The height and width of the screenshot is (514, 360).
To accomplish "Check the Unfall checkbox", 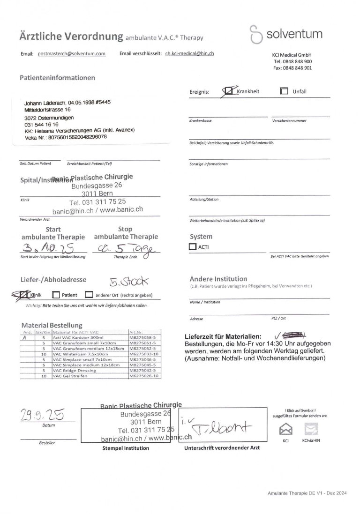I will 284,91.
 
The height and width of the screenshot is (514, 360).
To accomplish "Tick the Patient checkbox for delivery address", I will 55,295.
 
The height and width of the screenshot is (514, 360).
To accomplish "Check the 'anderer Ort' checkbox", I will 89,295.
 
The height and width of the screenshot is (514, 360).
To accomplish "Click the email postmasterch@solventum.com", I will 71,54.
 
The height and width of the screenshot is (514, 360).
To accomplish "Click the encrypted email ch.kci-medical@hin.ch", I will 189,54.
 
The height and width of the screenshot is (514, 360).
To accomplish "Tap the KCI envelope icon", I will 285,429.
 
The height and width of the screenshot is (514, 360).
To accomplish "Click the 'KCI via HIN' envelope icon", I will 311,429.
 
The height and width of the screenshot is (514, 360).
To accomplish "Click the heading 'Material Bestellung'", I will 52,325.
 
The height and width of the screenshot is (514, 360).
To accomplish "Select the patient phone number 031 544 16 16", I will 41,125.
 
